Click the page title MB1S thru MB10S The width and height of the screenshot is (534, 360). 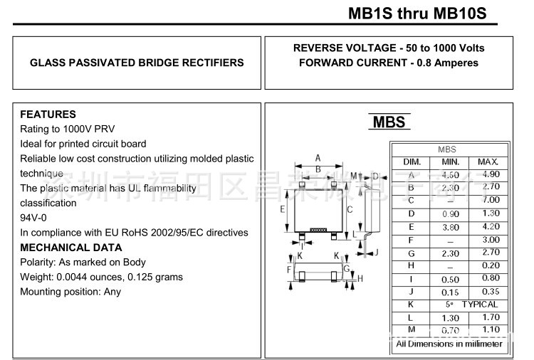click(418, 14)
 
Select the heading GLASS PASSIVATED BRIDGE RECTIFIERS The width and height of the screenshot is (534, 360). click(137, 63)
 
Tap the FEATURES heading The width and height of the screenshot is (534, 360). click(48, 115)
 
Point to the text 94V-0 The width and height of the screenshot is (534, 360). click(33, 218)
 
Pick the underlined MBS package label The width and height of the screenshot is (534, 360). click(389, 122)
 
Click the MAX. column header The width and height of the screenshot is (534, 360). click(488, 162)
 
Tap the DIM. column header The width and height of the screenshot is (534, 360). click(412, 162)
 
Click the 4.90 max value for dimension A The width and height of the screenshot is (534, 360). click(491, 174)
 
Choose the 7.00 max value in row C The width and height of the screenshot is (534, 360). click(491, 201)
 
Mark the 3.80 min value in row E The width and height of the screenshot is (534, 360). click(451, 227)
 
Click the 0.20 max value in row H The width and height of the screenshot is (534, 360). click(491, 266)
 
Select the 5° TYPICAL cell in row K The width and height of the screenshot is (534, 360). click(470, 305)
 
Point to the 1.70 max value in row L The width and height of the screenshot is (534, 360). click(491, 317)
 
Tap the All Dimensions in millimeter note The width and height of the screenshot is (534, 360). click(449, 344)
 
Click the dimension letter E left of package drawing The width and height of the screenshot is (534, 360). click(283, 209)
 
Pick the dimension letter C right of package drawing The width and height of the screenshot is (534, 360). click(350, 209)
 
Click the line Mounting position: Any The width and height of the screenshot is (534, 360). click(70, 292)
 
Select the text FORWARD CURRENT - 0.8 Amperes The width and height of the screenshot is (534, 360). click(389, 63)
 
